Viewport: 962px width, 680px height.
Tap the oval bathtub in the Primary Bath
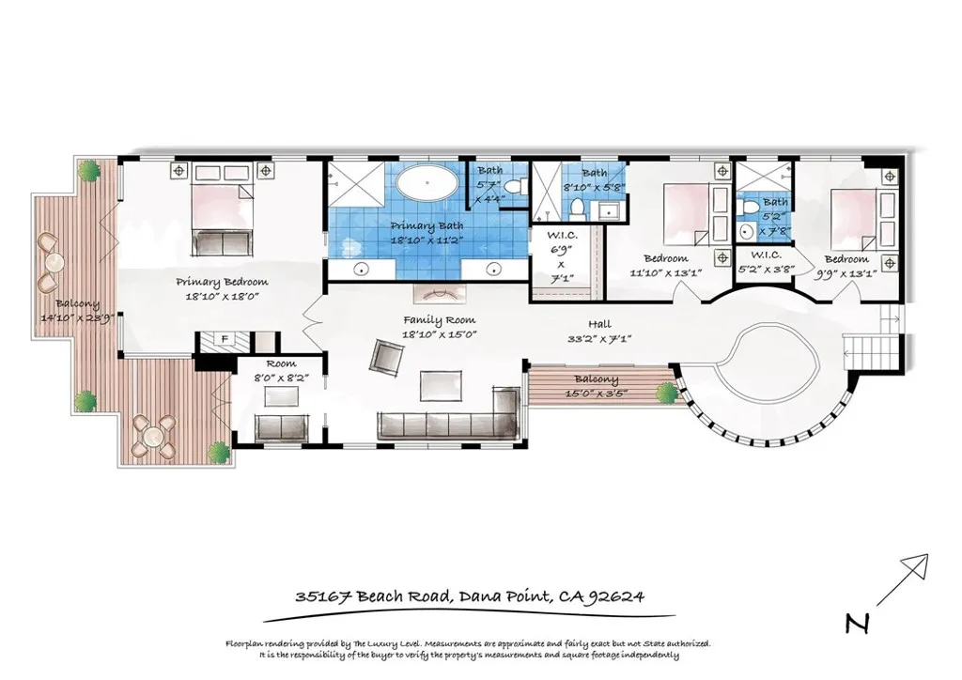point(427,182)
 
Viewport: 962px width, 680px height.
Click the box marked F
point(225,339)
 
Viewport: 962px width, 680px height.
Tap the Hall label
point(600,324)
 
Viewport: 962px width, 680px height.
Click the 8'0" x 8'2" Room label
point(280,363)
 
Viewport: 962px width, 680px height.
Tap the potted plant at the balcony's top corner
point(89,171)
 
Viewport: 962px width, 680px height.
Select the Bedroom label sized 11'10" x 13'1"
point(665,258)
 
